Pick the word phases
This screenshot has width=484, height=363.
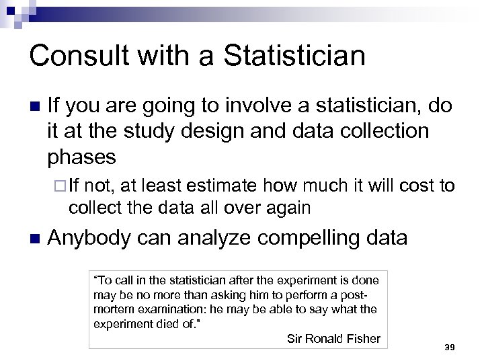pos(82,157)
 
